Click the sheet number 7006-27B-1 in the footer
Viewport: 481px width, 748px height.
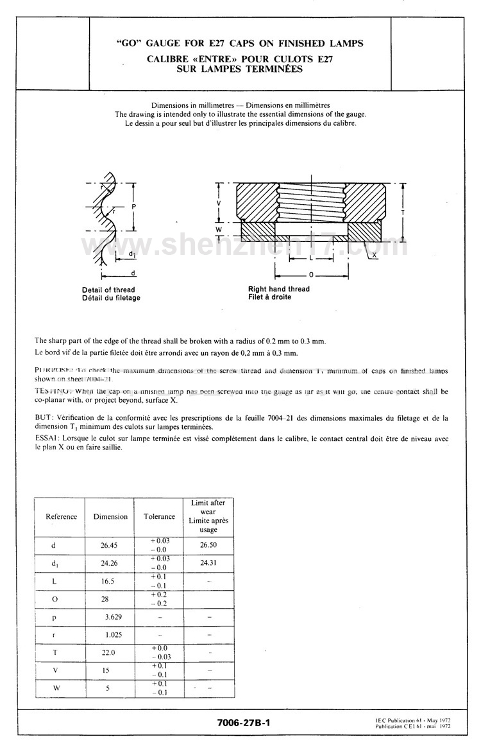coord(244,722)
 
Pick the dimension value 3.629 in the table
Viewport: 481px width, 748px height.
coord(114,617)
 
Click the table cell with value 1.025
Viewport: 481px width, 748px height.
coord(114,634)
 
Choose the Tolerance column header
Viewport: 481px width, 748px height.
coord(159,516)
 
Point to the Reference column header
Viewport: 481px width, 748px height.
coord(62,516)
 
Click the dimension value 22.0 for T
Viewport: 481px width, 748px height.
coord(108,652)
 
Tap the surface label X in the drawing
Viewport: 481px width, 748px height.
coord(373,255)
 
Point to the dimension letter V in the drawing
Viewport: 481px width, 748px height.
coord(219,203)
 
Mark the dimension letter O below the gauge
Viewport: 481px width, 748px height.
coord(312,274)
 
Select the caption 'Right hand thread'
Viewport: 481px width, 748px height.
coord(278,289)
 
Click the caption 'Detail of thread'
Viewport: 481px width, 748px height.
coord(108,290)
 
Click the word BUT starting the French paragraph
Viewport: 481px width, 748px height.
coord(44,417)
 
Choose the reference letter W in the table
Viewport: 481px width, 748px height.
coord(55,688)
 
